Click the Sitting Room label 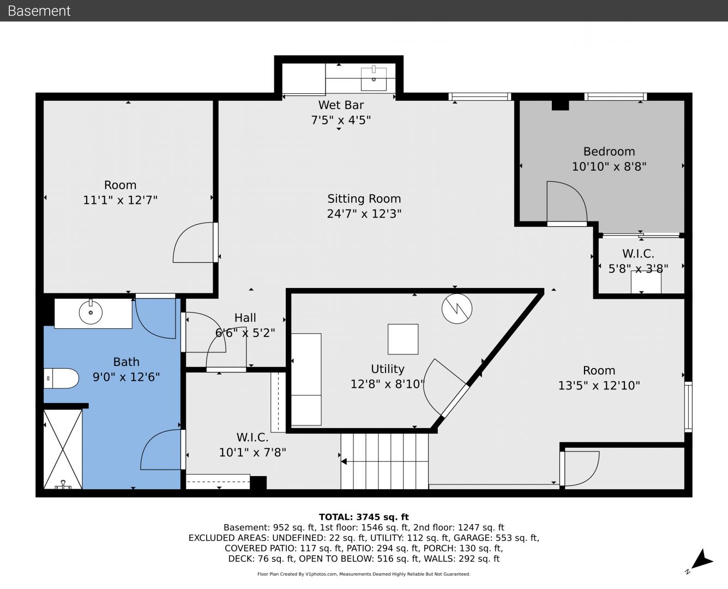(x=364, y=199)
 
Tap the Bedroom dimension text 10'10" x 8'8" (x=609, y=166)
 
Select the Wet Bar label (x=341, y=105)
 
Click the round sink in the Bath (x=91, y=312)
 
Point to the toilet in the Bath (x=61, y=378)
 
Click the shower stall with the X (x=63, y=449)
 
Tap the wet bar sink (x=374, y=79)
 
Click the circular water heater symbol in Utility (x=456, y=308)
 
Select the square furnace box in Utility (x=402, y=339)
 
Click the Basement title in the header (x=39, y=11)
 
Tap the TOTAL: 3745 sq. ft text (x=364, y=517)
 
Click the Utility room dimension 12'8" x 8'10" (x=387, y=384)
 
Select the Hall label (x=245, y=317)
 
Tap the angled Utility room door (x=455, y=401)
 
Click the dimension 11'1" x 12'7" (x=120, y=200)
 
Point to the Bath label (x=126, y=362)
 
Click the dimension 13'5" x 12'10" (x=599, y=386)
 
